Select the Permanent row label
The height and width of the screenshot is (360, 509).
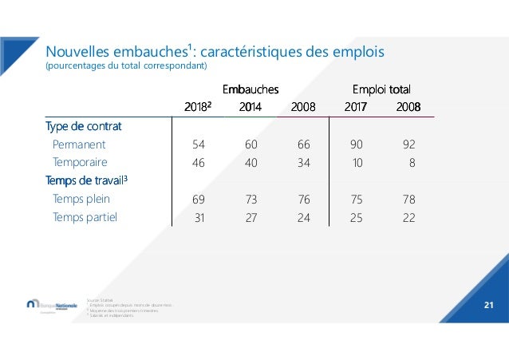pyautogui.click(x=78, y=145)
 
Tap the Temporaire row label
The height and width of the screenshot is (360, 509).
pyautogui.click(x=80, y=163)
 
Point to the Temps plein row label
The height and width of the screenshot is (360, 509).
pyautogui.click(x=81, y=199)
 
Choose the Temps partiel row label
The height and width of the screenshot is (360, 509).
pyautogui.click(x=82, y=216)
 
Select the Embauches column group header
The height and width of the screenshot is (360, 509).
pyautogui.click(x=250, y=89)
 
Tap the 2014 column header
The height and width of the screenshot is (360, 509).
pyautogui.click(x=250, y=106)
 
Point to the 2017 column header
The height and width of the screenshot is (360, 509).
pyautogui.click(x=356, y=106)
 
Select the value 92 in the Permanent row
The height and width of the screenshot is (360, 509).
pyautogui.click(x=409, y=145)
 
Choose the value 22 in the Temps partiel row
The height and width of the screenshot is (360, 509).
pyautogui.click(x=409, y=216)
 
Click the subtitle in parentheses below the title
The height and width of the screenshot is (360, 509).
pyautogui.click(x=127, y=65)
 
